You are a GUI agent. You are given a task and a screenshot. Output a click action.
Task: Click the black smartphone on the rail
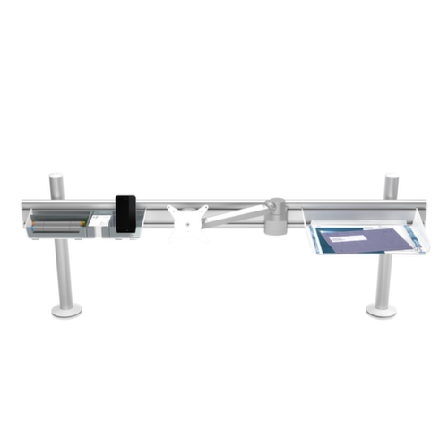tap(125, 213)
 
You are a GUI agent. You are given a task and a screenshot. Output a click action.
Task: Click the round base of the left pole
tap(66, 310)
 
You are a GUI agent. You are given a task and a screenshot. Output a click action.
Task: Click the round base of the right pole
tap(382, 310)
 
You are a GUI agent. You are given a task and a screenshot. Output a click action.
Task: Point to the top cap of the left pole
tap(56, 177)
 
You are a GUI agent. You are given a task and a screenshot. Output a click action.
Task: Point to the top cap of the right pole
tap(392, 177)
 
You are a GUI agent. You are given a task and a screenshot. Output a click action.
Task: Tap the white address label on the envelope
tap(342, 238)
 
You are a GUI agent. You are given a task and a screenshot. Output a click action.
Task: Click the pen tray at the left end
tap(59, 224)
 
